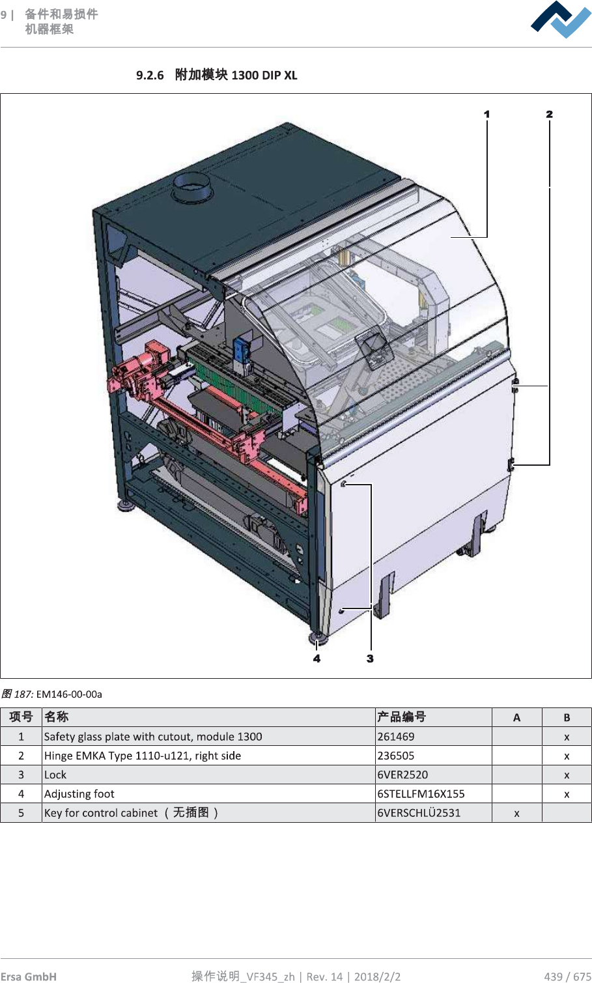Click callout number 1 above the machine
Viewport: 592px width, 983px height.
coord(486,115)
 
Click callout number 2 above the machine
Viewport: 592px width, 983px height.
coord(549,115)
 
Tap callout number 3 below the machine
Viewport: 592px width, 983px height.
coord(370,659)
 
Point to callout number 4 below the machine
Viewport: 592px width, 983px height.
coord(317,659)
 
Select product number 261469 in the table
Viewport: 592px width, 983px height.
coord(396,737)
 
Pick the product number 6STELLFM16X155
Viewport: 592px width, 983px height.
coord(421,793)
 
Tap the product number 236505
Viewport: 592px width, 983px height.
coord(396,756)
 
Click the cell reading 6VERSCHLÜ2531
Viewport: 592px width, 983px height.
coord(419,813)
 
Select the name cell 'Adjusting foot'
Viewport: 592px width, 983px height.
coord(79,793)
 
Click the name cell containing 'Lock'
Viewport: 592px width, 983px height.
coord(55,775)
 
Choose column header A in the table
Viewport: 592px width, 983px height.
coord(516,717)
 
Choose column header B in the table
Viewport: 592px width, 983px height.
coord(567,717)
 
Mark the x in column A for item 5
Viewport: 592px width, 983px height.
coord(516,813)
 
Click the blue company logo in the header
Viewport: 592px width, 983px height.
coord(561,20)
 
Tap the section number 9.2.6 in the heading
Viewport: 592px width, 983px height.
coord(150,75)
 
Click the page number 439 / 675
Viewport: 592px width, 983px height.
coord(567,976)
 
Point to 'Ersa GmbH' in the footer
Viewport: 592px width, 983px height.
coord(29,976)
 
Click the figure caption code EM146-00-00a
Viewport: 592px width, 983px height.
coord(69,694)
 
